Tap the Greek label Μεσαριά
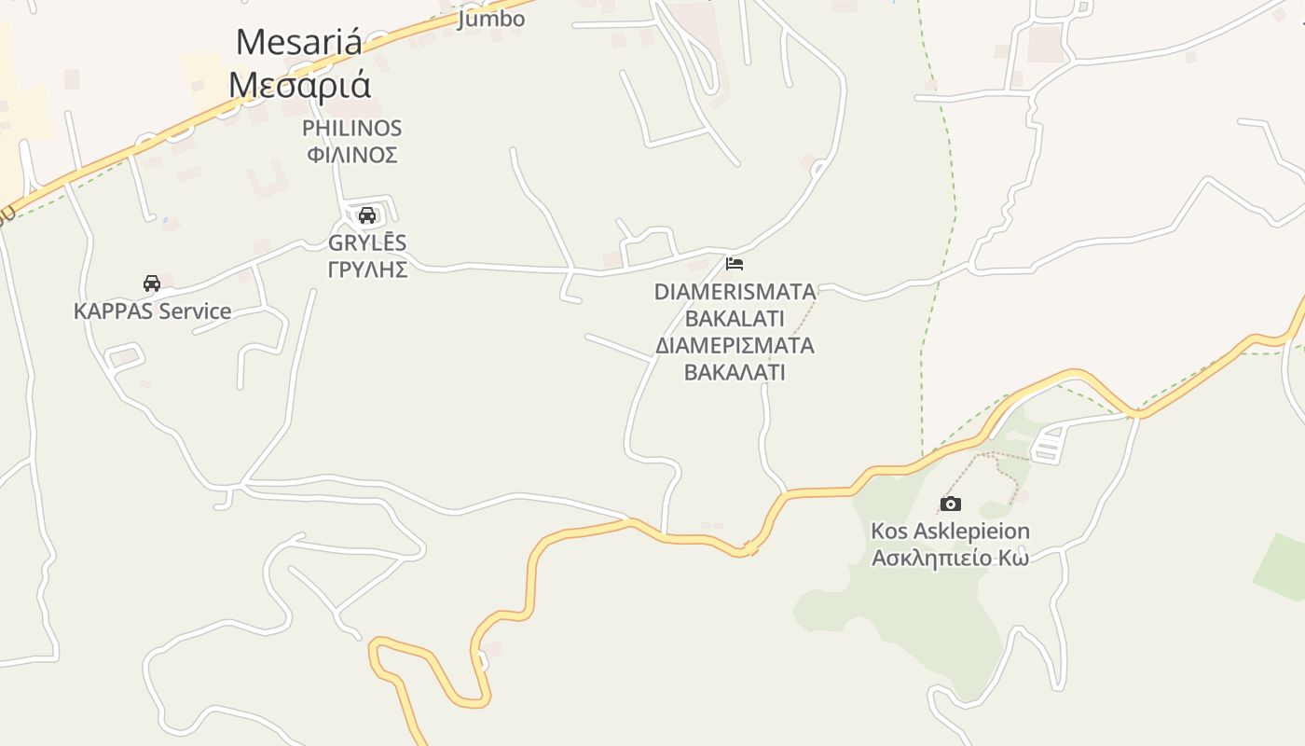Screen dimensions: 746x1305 pyautogui.click(x=299, y=85)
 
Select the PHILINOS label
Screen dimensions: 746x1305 pyautogui.click(x=351, y=128)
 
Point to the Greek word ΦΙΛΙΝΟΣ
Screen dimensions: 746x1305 pyautogui.click(x=352, y=154)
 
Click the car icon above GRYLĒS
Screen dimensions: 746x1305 pyautogui.click(x=367, y=215)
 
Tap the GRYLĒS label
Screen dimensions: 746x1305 pyautogui.click(x=367, y=243)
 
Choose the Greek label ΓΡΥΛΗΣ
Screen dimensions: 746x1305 pyautogui.click(x=367, y=269)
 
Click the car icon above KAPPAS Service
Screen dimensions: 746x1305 pyautogui.click(x=152, y=283)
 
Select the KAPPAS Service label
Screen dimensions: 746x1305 pyautogui.click(x=152, y=311)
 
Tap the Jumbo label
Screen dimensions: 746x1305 pyautogui.click(x=490, y=19)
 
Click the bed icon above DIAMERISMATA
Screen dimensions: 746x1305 pyautogui.click(x=735, y=264)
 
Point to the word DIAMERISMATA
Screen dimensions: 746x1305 pyautogui.click(x=735, y=292)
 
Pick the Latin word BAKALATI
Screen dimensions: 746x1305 pyautogui.click(x=735, y=318)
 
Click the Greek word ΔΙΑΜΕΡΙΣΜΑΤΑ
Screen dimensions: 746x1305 pyautogui.click(x=735, y=346)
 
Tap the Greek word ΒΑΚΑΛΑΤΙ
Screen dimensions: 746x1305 pyautogui.click(x=735, y=372)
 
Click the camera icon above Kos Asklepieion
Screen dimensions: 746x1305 pyautogui.click(x=950, y=504)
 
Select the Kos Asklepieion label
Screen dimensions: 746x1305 pyautogui.click(x=950, y=532)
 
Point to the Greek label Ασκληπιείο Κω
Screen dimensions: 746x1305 pyautogui.click(x=950, y=559)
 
